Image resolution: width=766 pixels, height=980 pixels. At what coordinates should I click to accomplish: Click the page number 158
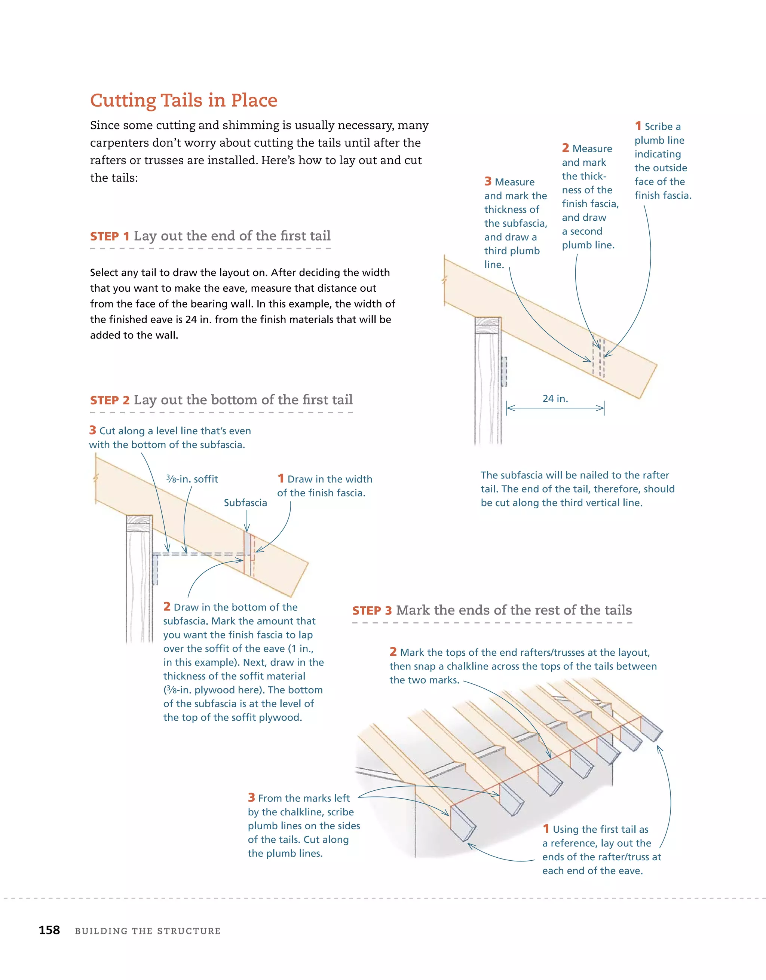[49, 930]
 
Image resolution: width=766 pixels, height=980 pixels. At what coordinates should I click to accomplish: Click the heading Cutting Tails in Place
[184, 100]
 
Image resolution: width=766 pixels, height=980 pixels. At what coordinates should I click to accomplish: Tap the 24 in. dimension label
[555, 398]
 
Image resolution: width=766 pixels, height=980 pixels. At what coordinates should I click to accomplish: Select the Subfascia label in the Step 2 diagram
[245, 503]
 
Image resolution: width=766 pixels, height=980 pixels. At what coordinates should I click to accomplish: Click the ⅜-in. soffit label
[192, 479]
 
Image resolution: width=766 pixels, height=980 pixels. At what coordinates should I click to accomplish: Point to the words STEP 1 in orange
[110, 236]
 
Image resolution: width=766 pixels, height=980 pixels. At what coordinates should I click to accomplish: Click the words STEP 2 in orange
[110, 400]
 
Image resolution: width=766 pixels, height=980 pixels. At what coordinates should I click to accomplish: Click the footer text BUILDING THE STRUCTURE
[148, 931]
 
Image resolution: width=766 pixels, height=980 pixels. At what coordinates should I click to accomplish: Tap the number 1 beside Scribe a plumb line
[638, 126]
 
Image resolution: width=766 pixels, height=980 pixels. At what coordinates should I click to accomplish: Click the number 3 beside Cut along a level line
[92, 430]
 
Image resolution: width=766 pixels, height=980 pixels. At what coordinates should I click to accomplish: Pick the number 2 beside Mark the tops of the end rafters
[393, 652]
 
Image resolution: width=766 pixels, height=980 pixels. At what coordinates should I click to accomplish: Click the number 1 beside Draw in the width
[281, 478]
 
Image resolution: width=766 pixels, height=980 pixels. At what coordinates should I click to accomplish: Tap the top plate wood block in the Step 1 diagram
[488, 325]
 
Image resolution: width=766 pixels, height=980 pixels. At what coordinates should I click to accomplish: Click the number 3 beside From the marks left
[251, 797]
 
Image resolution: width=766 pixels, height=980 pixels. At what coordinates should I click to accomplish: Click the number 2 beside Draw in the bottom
[167, 606]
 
